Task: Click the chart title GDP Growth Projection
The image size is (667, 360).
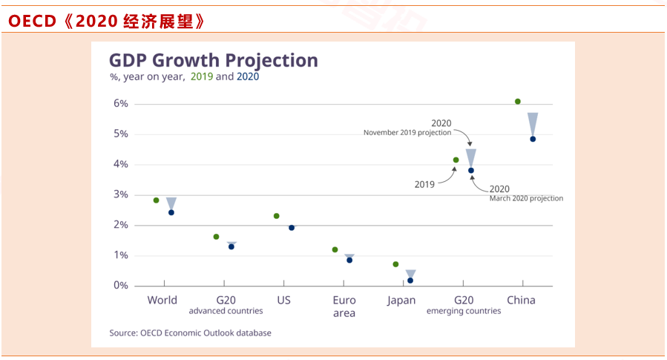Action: pos(214,60)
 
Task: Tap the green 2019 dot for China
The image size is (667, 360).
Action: pos(518,101)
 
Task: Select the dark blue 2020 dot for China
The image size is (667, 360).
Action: pos(533,139)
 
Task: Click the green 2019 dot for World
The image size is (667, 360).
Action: pos(156,200)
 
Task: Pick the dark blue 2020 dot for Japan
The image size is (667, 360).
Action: pos(410,281)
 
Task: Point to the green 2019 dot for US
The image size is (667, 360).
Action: pos(277,216)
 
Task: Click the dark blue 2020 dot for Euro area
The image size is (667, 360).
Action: pos(349,260)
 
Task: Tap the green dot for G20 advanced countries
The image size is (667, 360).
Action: pos(216,237)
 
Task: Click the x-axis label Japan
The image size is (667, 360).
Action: pos(401,301)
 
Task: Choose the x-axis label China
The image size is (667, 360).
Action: pos(521,301)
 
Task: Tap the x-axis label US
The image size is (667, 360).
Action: pos(283,301)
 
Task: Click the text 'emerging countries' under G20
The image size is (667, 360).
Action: pos(464,312)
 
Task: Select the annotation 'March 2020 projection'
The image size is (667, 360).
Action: pos(526,199)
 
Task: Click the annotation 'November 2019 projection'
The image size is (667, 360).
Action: pos(407,133)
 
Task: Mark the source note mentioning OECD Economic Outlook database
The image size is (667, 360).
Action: pos(191,333)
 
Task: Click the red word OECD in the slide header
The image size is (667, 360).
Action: pos(32,22)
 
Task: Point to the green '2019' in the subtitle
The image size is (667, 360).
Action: pos(201,76)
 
